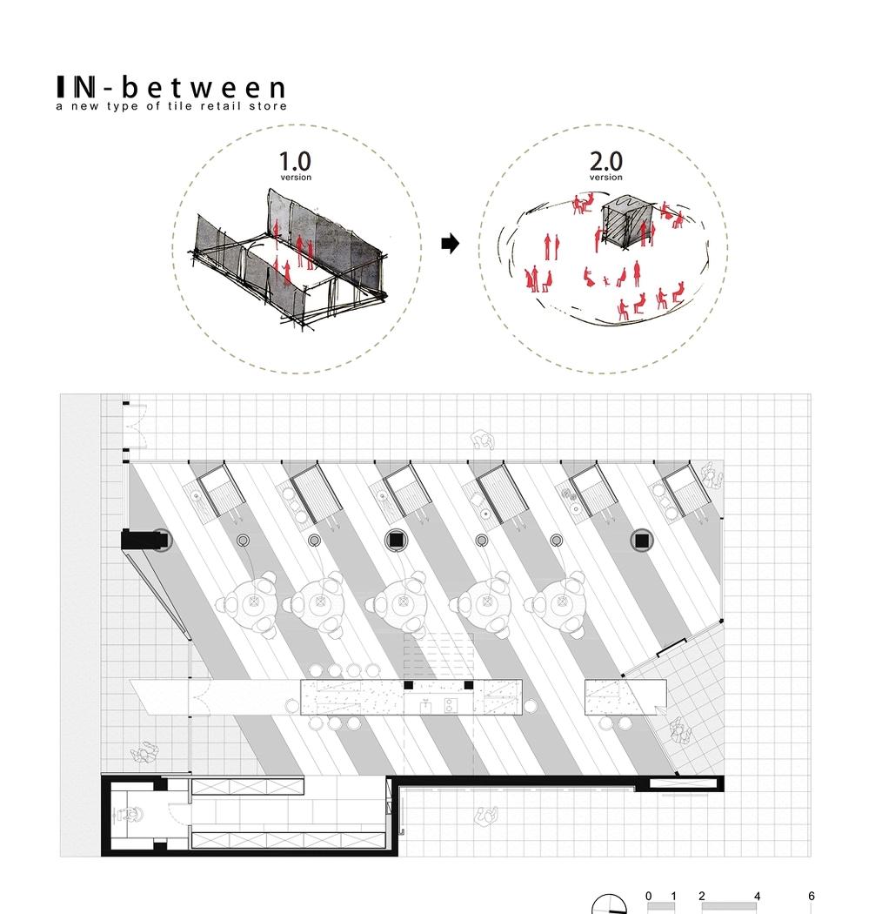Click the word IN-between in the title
(170, 87)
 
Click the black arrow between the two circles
(450, 244)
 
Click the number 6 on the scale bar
(811, 896)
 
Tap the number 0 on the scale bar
(649, 896)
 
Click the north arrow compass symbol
(609, 906)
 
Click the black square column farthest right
(643, 541)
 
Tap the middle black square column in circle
(396, 541)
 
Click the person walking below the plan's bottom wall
(486, 816)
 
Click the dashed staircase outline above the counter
(438, 653)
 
